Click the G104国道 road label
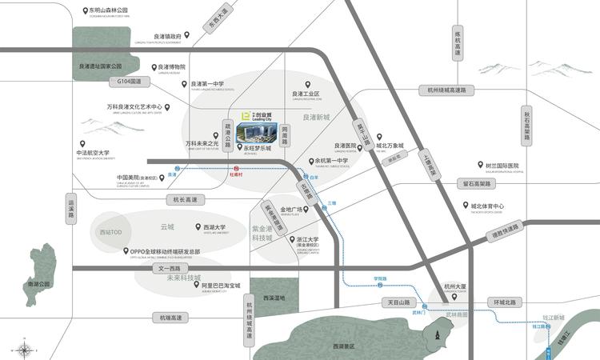pos(129,81)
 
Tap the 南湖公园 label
pos(38,284)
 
